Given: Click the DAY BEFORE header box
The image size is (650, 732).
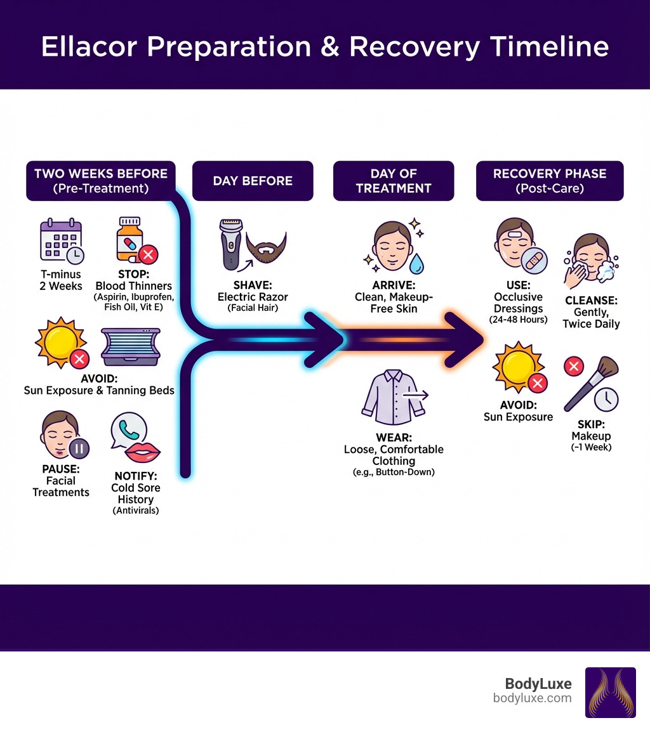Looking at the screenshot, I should tap(253, 181).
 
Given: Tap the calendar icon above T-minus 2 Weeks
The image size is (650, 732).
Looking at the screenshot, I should tap(60, 240).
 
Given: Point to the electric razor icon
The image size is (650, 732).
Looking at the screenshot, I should tap(230, 244).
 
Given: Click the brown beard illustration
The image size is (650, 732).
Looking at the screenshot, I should tap(266, 245).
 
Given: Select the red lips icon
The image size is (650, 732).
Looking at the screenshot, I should tap(143, 453).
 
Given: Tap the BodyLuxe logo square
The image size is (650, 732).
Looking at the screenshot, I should tap(610, 692).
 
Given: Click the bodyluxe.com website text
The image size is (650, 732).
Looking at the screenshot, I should tap(532, 698).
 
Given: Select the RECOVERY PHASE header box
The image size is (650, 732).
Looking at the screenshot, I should tap(550, 181).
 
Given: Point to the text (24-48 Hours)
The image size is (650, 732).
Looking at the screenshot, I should tap(518, 320).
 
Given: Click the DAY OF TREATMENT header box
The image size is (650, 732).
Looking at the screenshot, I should tap(393, 181).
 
